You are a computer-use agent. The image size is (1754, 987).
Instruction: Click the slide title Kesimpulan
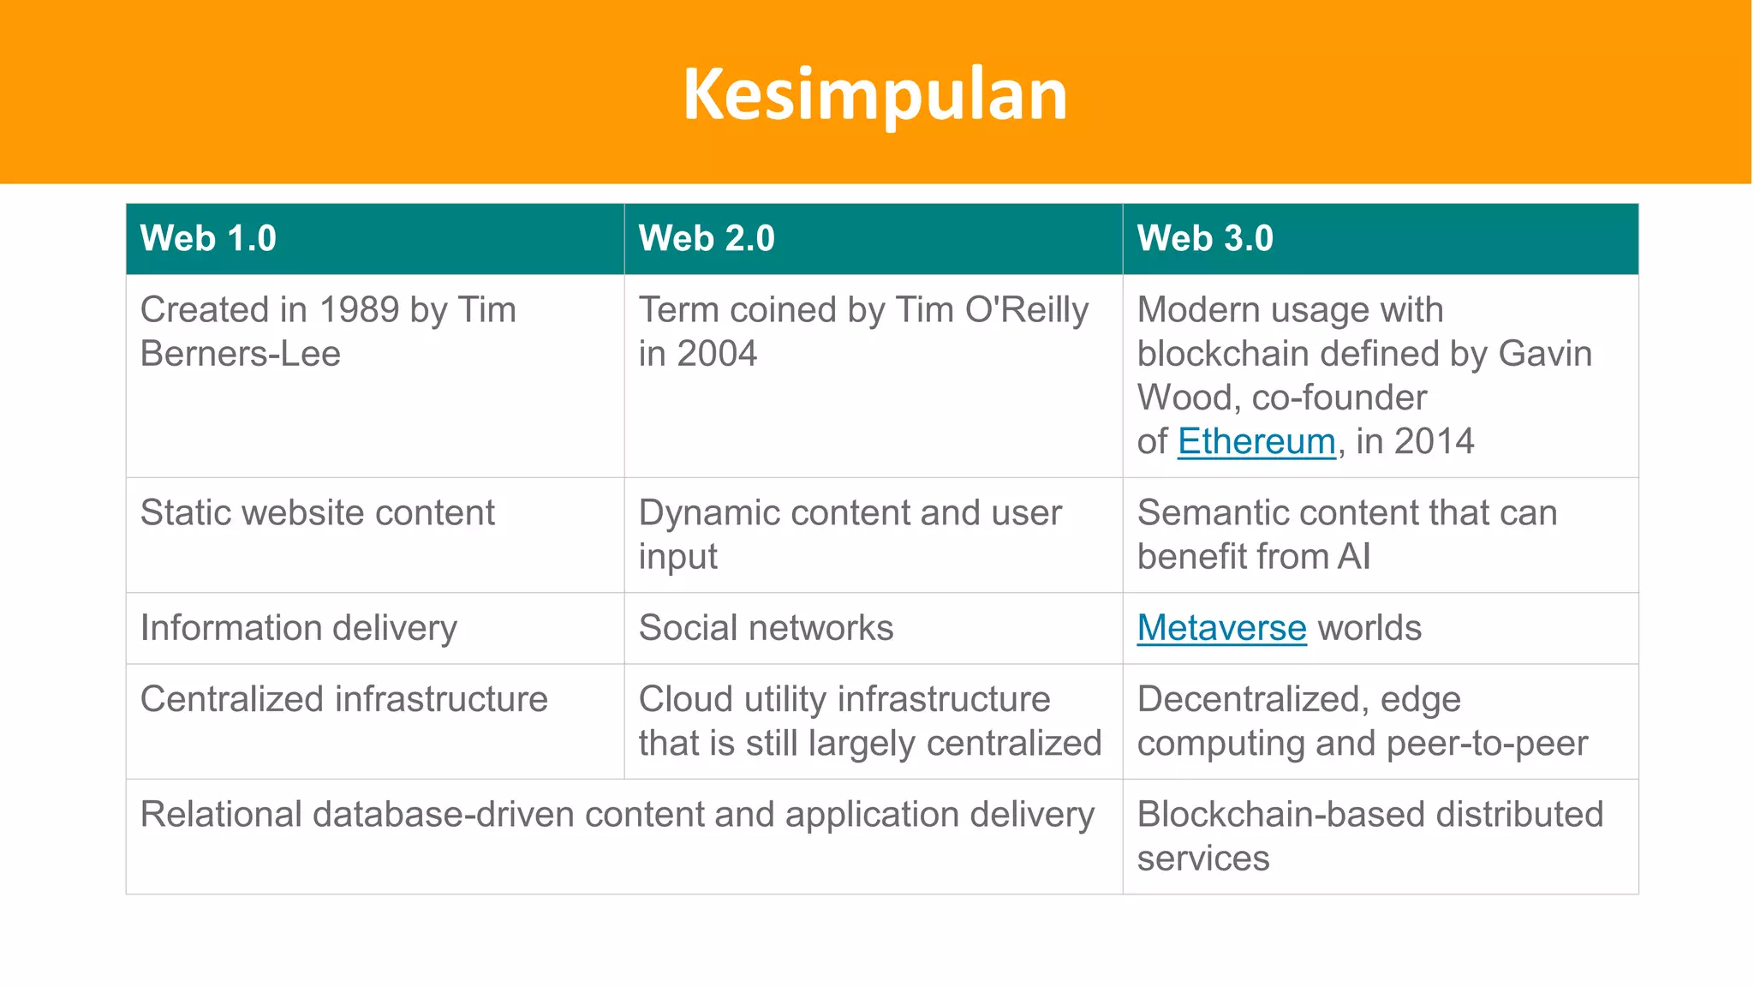[874, 94]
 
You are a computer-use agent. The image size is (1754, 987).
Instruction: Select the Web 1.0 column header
[208, 238]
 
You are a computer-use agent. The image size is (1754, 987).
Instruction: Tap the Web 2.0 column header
[707, 238]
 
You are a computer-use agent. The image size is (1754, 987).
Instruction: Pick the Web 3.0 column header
[1205, 238]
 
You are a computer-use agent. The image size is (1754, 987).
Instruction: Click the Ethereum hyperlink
[1256, 442]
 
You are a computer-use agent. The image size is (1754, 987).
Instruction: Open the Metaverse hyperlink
[1221, 628]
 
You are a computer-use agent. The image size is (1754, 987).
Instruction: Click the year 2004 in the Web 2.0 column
[717, 354]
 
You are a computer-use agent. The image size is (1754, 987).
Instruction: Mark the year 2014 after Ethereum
[1434, 442]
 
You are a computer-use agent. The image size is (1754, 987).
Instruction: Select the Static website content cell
[318, 513]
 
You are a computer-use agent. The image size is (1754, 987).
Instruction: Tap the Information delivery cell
[299, 628]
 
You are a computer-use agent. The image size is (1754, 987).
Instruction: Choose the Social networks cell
[766, 628]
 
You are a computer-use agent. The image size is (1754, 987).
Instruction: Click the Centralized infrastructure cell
[343, 699]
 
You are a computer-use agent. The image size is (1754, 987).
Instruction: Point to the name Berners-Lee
[241, 354]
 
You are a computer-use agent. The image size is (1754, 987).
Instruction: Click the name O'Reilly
[1027, 310]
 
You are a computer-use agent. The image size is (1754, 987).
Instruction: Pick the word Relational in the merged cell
[220, 814]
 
